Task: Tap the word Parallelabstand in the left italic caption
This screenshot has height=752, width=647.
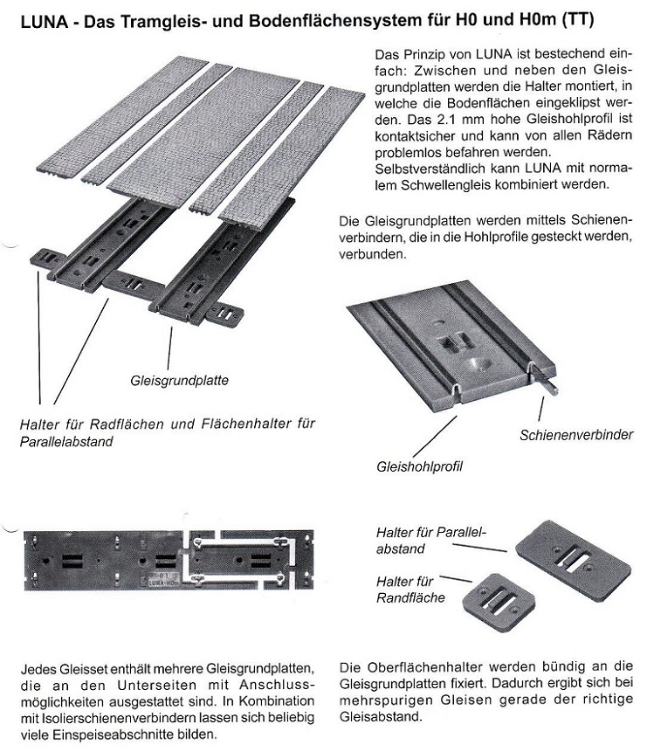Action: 66,443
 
